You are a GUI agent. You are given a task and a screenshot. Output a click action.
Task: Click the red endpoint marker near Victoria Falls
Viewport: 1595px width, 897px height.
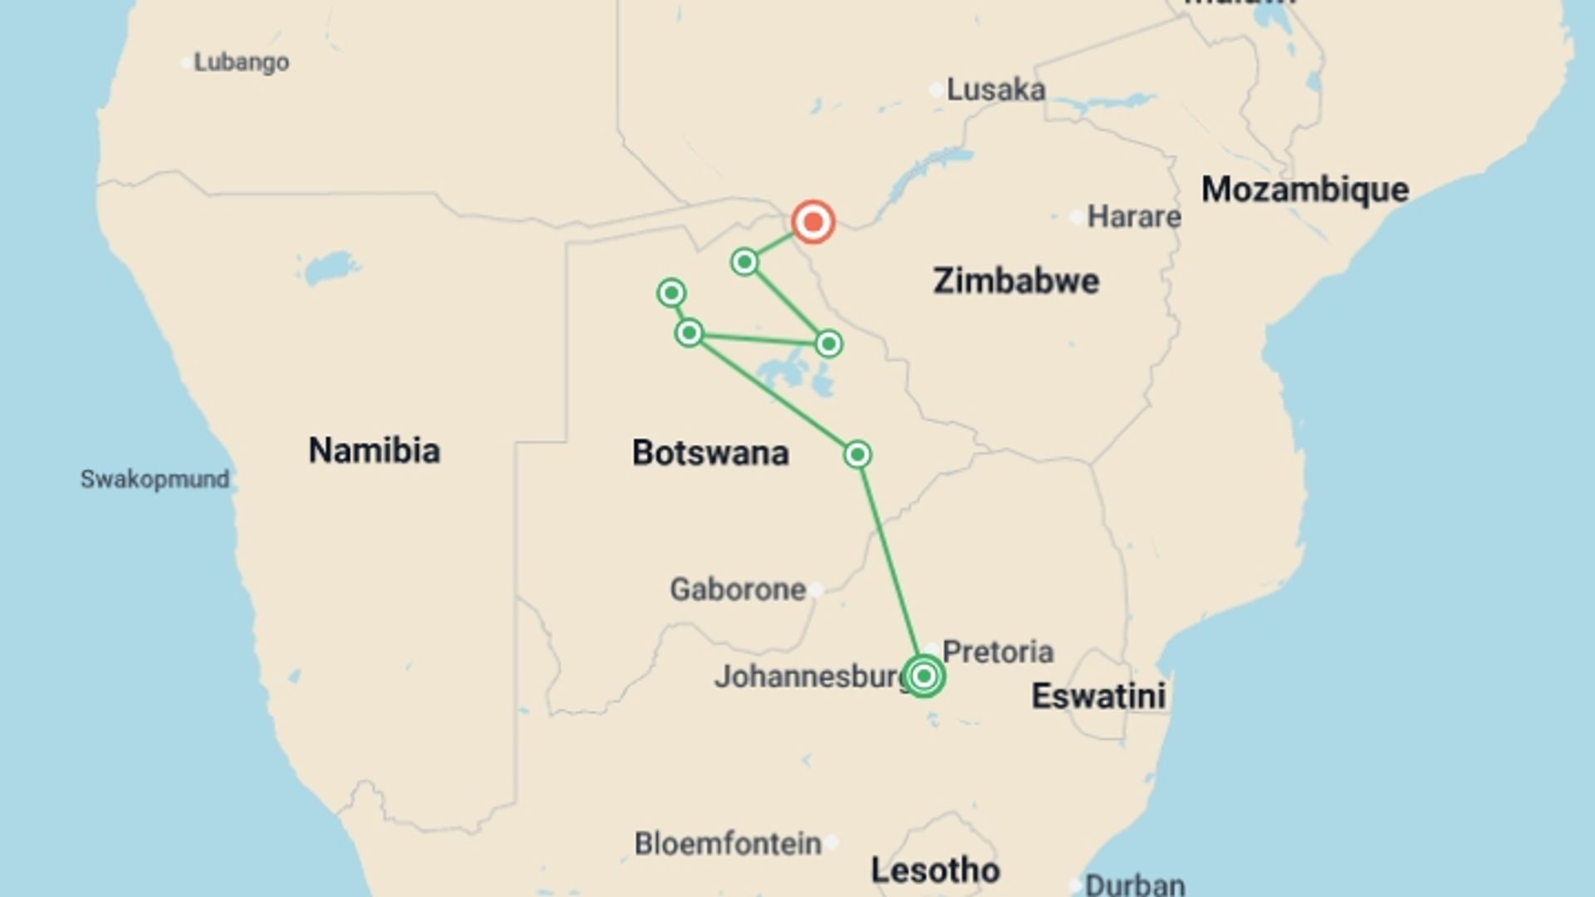pyautogui.click(x=812, y=222)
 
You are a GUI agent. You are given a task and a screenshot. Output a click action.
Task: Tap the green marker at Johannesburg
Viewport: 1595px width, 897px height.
pyautogui.click(x=923, y=676)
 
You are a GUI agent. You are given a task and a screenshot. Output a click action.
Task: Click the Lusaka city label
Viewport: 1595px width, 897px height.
pyautogui.click(x=995, y=90)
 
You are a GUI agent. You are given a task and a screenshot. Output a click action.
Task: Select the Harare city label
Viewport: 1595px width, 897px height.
pyautogui.click(x=1133, y=217)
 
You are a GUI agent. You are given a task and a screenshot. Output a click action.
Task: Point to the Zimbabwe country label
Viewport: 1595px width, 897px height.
pyautogui.click(x=1015, y=281)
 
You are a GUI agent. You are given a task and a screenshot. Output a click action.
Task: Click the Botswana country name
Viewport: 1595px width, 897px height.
pyautogui.click(x=710, y=453)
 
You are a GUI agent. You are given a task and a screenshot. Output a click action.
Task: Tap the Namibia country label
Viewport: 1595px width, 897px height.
pyautogui.click(x=374, y=450)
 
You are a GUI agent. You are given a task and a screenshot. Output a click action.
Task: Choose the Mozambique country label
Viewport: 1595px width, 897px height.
pyautogui.click(x=1304, y=189)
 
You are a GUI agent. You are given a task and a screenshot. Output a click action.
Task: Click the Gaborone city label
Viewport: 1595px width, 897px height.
pyautogui.click(x=738, y=590)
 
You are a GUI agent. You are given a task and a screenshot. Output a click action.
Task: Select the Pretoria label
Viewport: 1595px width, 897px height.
pyautogui.click(x=998, y=652)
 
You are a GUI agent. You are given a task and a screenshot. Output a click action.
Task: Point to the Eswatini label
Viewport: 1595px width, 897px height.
pyautogui.click(x=1098, y=696)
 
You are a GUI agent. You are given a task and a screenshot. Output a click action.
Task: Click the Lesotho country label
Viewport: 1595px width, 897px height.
pyautogui.click(x=935, y=870)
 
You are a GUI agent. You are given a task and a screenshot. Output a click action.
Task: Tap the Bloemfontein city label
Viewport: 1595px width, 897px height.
pyautogui.click(x=728, y=844)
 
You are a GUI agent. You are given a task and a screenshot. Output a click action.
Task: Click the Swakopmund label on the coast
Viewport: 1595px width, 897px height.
pyautogui.click(x=155, y=479)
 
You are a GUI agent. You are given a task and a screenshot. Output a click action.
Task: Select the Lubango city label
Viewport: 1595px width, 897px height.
pyautogui.click(x=241, y=62)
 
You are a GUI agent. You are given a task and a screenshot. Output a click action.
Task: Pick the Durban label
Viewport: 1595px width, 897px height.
pyautogui.click(x=1134, y=885)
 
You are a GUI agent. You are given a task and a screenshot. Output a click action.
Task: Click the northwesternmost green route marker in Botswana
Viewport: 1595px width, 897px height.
pyautogui.click(x=671, y=292)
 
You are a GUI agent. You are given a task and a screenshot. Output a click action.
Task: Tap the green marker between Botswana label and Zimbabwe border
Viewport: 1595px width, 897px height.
pyautogui.click(x=857, y=454)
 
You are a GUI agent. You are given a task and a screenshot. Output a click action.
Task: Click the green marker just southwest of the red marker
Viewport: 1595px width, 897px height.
pyautogui.click(x=744, y=262)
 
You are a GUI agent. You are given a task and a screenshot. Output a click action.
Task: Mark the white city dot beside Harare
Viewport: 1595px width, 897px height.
pyautogui.click(x=1076, y=218)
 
